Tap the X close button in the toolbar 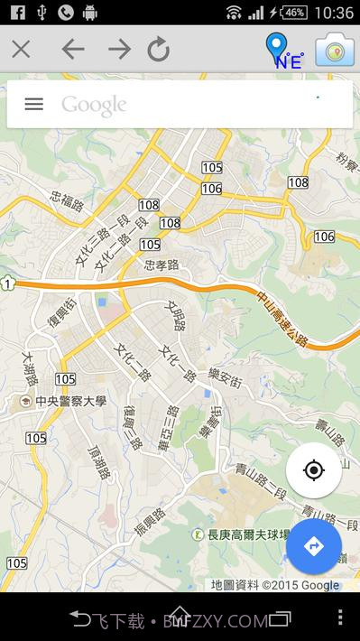21,50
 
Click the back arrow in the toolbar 72,50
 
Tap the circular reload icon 159,50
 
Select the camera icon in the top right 334,51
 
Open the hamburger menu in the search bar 33,104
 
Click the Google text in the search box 94,105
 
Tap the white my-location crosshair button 313,470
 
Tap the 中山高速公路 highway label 282,317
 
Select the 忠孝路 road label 162,265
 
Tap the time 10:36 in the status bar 335,13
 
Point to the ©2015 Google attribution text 300,585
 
